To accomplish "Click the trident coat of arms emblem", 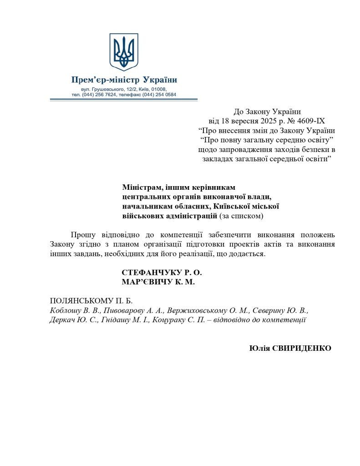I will (124, 51).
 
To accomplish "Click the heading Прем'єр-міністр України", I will (124, 80).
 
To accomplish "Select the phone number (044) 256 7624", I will (99, 95).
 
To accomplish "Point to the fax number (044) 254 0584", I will (159, 95).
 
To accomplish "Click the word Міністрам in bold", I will (142, 187).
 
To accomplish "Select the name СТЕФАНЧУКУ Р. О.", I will (162, 272).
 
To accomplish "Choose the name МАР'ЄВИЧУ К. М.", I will (158, 282).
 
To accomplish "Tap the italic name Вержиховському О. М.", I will (208, 310).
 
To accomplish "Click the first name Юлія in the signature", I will (260, 348).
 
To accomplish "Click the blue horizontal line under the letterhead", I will (124, 99).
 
